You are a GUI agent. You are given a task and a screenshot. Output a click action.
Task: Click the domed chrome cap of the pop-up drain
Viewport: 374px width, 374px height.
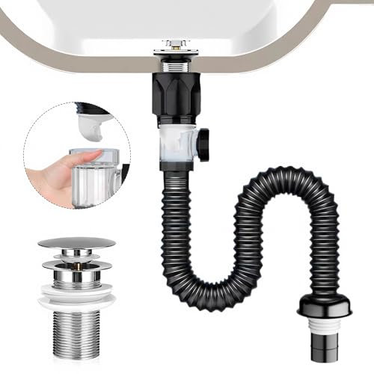pos(76,243)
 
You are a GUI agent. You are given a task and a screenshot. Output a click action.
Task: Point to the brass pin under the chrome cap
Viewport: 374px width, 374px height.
pos(76,254)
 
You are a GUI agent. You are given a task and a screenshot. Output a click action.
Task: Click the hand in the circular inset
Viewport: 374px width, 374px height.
pos(56,168)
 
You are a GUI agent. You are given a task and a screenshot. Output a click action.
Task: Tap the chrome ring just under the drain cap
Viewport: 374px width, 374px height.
pos(76,264)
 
